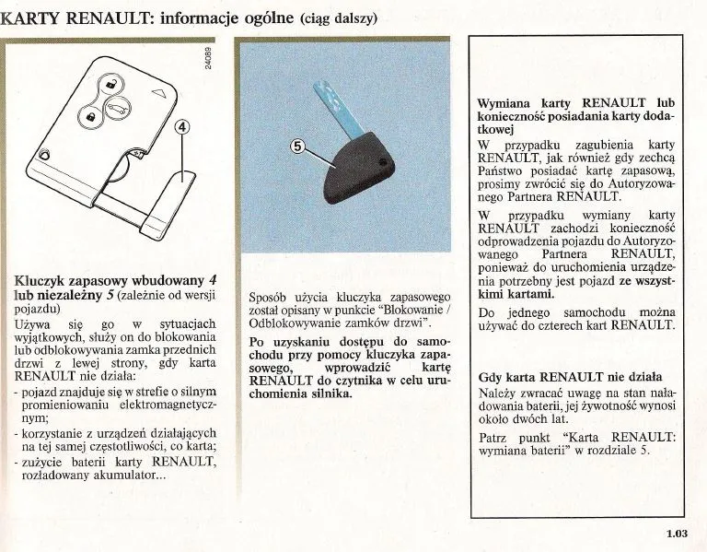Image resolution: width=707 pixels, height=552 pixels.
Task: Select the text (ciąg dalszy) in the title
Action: (339, 18)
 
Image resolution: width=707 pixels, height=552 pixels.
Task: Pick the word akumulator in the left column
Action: (127, 476)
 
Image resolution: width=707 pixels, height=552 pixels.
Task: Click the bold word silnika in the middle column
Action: (328, 393)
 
